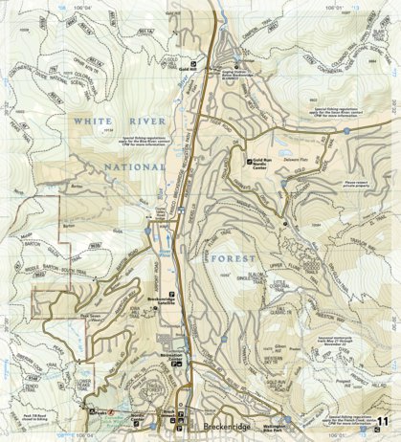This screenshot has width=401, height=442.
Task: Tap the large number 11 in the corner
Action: click(384, 424)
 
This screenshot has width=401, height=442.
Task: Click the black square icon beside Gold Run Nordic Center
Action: click(250, 160)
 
